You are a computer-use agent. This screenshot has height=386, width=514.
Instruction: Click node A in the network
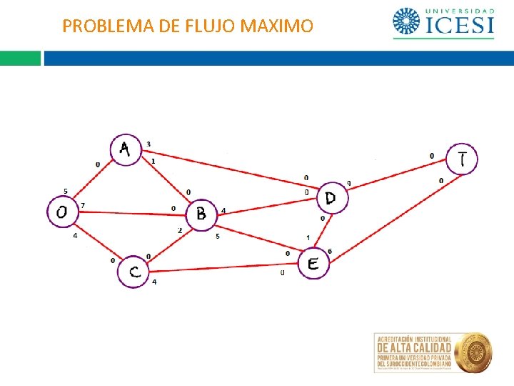click(x=126, y=150)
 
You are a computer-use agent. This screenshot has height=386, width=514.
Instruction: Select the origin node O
click(x=62, y=212)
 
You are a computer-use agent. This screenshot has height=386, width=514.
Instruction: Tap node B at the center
click(x=201, y=214)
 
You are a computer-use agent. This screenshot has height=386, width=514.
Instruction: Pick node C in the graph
click(x=133, y=272)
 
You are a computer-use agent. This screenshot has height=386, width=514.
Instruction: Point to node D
click(x=332, y=198)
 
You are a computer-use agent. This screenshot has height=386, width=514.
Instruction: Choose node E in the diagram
click(x=313, y=264)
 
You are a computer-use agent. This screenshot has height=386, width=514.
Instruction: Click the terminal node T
click(x=462, y=159)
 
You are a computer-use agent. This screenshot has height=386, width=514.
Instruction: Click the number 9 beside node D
click(x=348, y=183)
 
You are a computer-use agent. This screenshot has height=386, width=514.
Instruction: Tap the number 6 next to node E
click(x=329, y=251)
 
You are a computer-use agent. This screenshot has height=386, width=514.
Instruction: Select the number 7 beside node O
click(x=83, y=206)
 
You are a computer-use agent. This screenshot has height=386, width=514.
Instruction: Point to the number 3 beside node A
click(x=148, y=144)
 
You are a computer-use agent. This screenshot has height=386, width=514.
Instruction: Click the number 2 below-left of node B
click(x=180, y=230)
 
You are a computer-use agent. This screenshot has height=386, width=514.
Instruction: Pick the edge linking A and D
click(x=228, y=169)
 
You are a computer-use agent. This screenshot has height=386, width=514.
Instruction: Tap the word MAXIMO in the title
click(x=277, y=26)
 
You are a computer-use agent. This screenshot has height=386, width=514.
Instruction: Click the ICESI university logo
click(x=443, y=23)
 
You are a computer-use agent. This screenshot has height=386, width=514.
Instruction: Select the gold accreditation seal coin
click(x=474, y=351)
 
